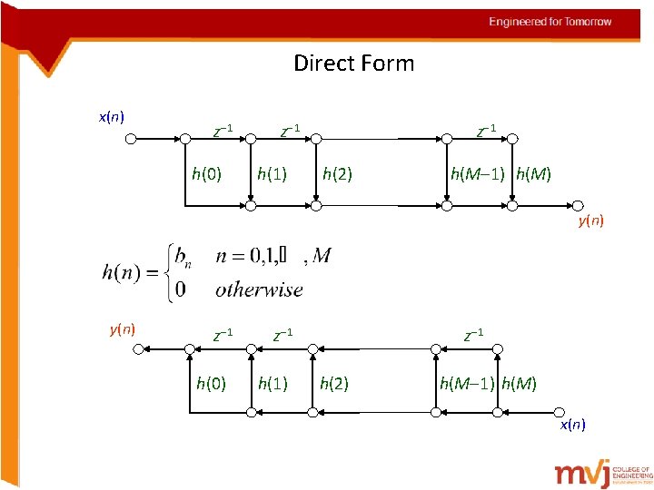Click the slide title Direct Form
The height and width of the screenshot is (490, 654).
[x=353, y=64]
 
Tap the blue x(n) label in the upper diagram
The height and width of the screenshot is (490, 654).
[x=111, y=116]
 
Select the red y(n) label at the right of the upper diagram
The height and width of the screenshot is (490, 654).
[x=590, y=220]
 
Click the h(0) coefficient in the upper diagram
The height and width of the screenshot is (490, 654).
[x=205, y=173]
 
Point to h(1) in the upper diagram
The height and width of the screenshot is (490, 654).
[x=272, y=173]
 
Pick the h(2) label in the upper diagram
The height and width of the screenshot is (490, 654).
[x=337, y=173]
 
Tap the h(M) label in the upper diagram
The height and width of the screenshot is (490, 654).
[x=533, y=173]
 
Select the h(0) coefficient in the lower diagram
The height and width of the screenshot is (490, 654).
[x=211, y=384]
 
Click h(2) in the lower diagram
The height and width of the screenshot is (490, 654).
[x=334, y=384]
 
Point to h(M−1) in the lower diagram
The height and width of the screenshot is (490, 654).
[x=467, y=384]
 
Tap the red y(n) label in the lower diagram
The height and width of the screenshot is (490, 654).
[x=122, y=329]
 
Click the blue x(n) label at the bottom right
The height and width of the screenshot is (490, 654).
[x=572, y=424]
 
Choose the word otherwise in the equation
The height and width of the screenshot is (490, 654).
[x=259, y=290]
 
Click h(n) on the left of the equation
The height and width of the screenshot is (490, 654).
[x=121, y=272]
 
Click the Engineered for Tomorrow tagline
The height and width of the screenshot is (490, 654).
[x=550, y=22]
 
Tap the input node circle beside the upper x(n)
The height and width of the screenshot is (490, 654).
[x=132, y=139]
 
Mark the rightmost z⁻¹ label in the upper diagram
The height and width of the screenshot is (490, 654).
[x=487, y=130]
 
